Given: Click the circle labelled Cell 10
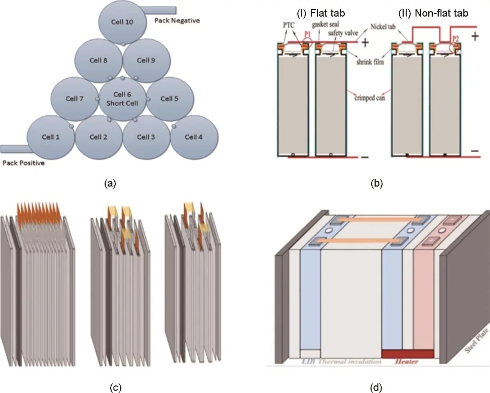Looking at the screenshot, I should tap(122, 22).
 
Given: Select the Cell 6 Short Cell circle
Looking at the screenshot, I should tap(122, 97).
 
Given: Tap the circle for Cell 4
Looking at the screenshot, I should tap(194, 137).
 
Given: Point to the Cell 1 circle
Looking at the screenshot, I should tap(51, 137).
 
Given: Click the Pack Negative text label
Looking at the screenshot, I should tap(177, 20).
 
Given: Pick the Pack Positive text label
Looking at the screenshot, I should tap(24, 163).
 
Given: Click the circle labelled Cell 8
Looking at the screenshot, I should tap(98, 60).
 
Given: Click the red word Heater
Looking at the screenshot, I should tap(406, 361).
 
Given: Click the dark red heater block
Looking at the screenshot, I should tap(407, 353).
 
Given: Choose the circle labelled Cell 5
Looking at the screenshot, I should tap(170, 98).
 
